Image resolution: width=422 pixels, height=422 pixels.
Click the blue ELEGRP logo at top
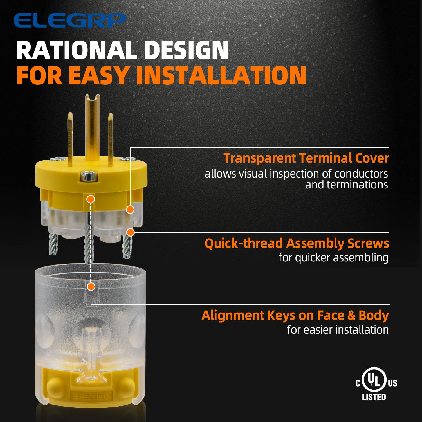[70, 20]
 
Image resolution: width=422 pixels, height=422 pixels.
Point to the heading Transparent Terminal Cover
[306, 158]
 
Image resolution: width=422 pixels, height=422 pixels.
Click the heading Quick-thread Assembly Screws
[297, 243]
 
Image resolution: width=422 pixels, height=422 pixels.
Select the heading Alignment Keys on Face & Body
[295, 316]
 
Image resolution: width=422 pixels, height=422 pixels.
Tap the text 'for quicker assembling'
[334, 258]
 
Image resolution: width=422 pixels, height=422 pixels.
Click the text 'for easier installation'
[338, 330]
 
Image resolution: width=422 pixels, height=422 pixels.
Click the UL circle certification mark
[374, 380]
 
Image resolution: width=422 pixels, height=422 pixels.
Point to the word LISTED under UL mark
[374, 397]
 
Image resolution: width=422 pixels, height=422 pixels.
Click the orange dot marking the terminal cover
[130, 210]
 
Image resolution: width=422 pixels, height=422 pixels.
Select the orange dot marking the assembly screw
[130, 232]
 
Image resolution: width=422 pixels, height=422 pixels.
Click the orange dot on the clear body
[91, 287]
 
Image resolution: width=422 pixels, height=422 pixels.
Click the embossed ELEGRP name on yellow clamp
[91, 396]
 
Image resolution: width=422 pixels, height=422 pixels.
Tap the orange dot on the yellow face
[90, 199]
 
